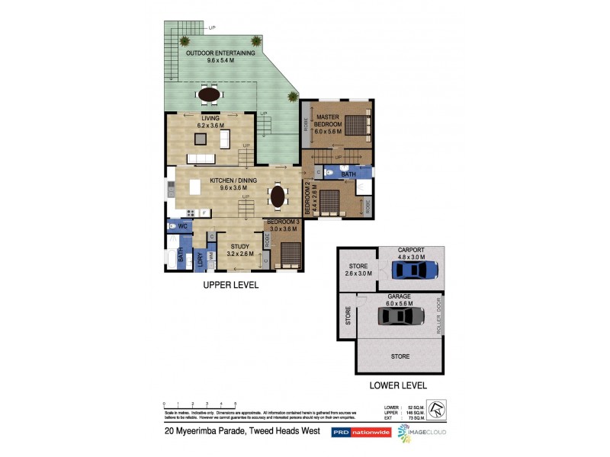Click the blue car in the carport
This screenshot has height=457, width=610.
414,270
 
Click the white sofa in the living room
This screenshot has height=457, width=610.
225,139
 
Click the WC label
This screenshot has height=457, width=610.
184,226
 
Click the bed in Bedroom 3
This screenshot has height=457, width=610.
291,252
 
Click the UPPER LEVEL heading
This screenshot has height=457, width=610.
230,285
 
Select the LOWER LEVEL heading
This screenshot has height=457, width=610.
396,385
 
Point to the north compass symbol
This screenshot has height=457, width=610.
437,410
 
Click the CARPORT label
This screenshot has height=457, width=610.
411,250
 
